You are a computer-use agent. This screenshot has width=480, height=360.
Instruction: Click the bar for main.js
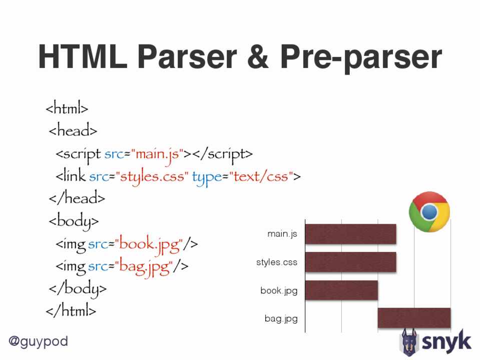coord(350,234)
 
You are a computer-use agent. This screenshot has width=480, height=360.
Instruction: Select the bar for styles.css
coord(350,262)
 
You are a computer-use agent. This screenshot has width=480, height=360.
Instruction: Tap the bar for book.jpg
coord(341,290)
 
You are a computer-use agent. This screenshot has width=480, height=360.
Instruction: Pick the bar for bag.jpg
coord(414,318)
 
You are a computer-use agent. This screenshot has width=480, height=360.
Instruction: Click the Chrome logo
coord(429,211)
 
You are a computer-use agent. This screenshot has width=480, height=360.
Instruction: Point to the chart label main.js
coord(282,234)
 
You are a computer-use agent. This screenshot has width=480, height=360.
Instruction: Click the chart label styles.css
coord(277,262)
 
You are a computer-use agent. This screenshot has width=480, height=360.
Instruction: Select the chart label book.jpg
coord(279,290)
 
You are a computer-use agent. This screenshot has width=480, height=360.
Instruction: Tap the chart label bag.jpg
coord(281,318)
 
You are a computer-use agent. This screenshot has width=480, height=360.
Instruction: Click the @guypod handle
coord(38,341)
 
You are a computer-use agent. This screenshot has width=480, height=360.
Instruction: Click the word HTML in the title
coord(83,56)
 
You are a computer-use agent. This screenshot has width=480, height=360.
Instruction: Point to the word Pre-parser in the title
coord(361,58)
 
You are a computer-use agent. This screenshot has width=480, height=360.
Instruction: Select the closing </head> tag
coord(77,197)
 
